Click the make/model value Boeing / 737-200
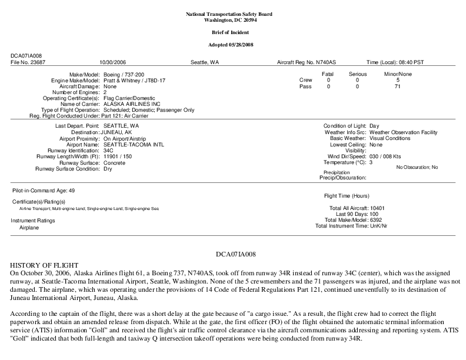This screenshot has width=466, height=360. pyautogui.click(x=124, y=74)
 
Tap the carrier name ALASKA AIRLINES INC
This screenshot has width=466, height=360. pyautogui.click(x=131, y=104)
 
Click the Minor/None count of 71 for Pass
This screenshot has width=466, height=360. pyautogui.click(x=398, y=86)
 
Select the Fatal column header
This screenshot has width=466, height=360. pyautogui.click(x=328, y=74)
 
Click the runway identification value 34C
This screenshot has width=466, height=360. pyautogui.click(x=108, y=151)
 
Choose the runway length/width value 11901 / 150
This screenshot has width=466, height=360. pyautogui.click(x=118, y=156)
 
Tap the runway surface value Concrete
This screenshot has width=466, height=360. pyautogui.click(x=114, y=163)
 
